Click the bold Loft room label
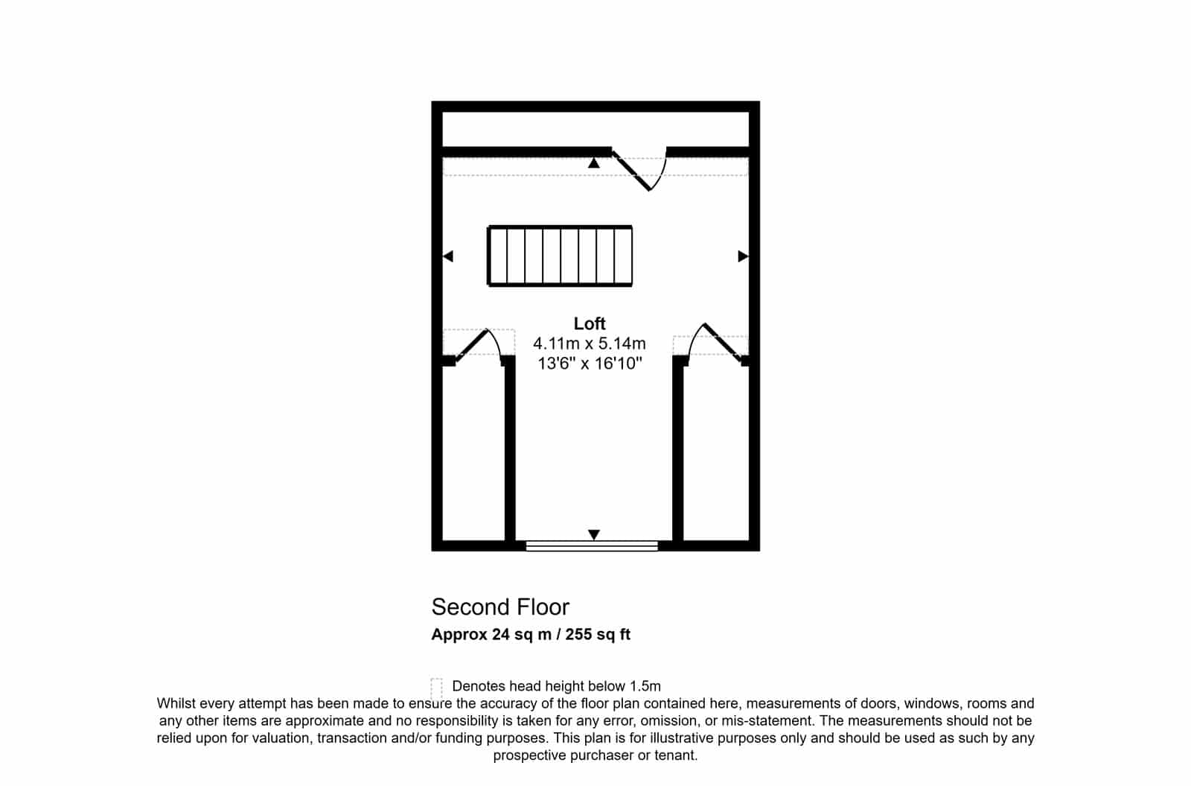(x=589, y=323)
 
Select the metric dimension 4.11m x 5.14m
(x=589, y=343)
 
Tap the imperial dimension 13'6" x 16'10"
(x=590, y=364)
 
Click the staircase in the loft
(x=560, y=256)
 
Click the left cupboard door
(x=471, y=346)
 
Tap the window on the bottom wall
(x=592, y=545)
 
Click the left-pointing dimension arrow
(x=448, y=256)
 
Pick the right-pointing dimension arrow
(x=744, y=256)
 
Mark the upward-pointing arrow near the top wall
(x=594, y=163)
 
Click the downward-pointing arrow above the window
(x=594, y=534)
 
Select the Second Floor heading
(x=500, y=606)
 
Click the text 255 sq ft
(x=598, y=634)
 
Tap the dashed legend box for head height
(x=436, y=688)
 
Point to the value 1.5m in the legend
(x=645, y=686)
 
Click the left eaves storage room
(x=473, y=452)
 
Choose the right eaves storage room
(x=716, y=452)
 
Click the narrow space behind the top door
(x=595, y=130)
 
